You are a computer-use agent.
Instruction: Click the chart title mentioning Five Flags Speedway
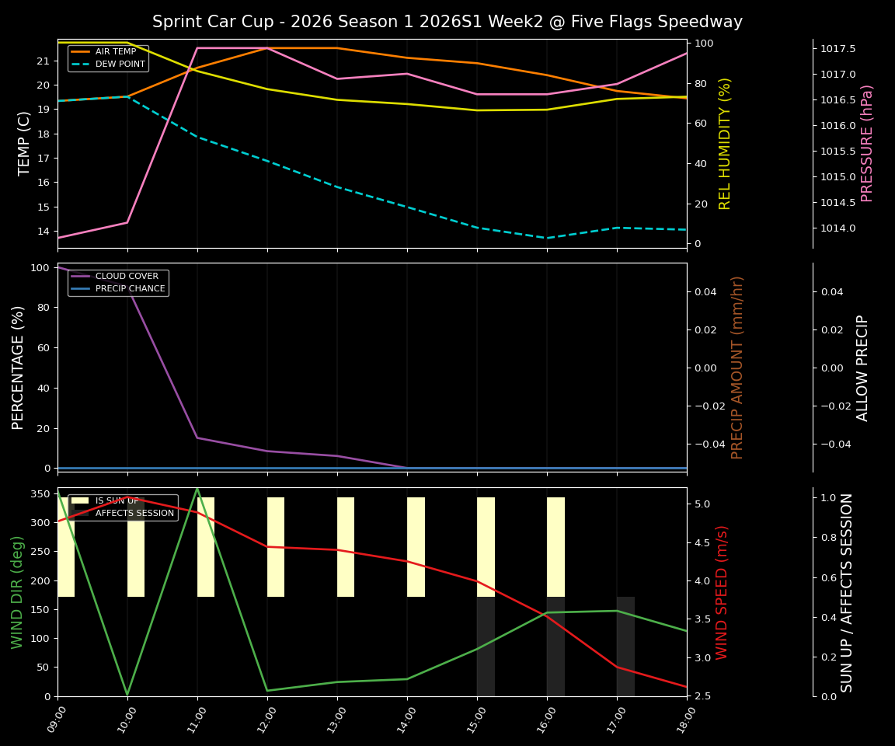click(447, 22)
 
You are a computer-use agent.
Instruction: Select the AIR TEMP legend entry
click(115, 52)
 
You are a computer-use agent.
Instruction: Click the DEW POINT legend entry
click(120, 64)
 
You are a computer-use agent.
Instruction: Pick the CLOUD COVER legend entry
click(126, 277)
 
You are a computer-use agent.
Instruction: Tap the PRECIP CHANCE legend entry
click(130, 289)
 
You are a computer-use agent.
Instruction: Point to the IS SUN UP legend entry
click(117, 501)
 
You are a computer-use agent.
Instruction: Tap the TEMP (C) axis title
click(25, 143)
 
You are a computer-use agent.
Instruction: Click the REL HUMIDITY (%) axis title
click(726, 143)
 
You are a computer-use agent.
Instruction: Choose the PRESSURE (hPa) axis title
click(868, 143)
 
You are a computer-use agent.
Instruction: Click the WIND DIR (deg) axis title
click(17, 592)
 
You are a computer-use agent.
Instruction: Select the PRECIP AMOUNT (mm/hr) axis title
click(737, 367)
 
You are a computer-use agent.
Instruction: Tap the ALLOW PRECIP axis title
click(862, 367)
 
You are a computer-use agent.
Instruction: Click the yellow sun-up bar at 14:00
click(416, 547)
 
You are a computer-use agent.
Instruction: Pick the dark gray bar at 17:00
click(625, 647)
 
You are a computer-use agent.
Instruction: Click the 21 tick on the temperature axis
click(44, 61)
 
